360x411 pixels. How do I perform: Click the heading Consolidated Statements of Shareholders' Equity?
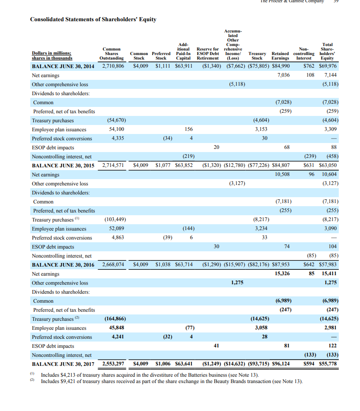tap(93, 19)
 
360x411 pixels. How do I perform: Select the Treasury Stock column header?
tap(257, 55)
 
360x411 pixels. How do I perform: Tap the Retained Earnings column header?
tap(281, 55)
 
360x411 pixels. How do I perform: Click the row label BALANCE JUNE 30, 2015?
tap(63, 166)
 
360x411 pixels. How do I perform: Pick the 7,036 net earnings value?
tap(282, 75)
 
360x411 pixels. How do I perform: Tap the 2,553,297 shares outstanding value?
tap(112, 364)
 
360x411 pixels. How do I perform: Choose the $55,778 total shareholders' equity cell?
tap(327, 364)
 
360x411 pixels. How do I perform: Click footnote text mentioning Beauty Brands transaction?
tap(172, 382)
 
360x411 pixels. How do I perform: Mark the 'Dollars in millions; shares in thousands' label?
tap(52, 55)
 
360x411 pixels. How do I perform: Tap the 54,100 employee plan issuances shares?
tap(117, 129)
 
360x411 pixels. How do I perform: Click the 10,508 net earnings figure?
tap(282, 175)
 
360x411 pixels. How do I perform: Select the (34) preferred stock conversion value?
tap(167, 139)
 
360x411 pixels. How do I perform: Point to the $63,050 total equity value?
tap(327, 166)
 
